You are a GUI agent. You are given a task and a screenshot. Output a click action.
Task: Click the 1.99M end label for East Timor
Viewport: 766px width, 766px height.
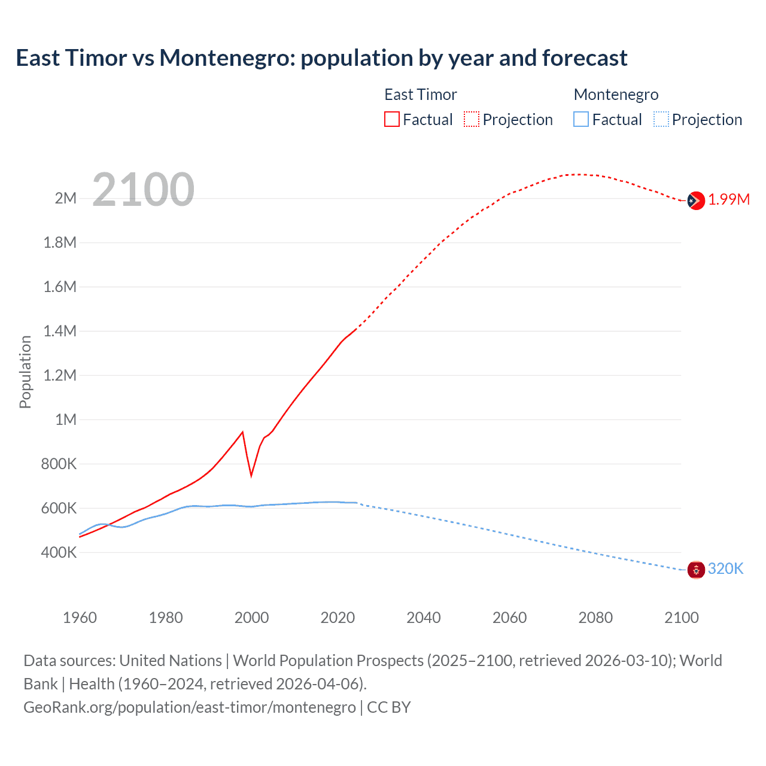click(729, 200)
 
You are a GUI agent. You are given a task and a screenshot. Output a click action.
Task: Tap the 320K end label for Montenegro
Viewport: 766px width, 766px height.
click(725, 569)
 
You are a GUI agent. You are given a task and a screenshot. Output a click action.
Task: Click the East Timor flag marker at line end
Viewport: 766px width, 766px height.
click(696, 200)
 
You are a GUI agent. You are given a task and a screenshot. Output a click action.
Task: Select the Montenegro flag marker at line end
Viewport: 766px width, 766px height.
click(696, 570)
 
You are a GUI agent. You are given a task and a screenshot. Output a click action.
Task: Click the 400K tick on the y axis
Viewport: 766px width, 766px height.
click(59, 552)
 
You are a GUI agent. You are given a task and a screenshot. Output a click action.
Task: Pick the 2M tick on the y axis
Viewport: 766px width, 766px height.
click(65, 198)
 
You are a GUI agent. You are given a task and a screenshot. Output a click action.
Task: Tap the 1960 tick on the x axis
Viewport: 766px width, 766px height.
click(80, 618)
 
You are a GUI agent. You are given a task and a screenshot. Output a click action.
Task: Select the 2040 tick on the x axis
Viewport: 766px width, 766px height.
click(424, 618)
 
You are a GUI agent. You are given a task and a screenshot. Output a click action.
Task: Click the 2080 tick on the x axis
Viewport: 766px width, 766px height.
click(595, 618)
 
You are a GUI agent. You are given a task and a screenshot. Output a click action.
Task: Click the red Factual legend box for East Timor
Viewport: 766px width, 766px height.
click(392, 120)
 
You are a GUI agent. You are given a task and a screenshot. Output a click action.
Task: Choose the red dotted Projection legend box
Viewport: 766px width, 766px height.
click(472, 120)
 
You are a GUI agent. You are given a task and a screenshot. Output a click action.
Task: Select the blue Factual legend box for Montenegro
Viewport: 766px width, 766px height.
click(581, 120)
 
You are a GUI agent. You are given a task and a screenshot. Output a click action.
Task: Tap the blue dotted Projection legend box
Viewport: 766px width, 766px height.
click(661, 120)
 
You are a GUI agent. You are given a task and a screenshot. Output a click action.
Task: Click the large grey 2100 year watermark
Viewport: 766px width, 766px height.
click(143, 190)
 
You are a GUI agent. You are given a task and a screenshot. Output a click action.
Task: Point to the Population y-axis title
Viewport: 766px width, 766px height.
click(25, 372)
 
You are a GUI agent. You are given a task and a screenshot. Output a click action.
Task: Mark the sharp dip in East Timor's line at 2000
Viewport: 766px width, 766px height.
click(251, 475)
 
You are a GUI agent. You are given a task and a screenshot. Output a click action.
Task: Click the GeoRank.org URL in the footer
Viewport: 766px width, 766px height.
click(190, 707)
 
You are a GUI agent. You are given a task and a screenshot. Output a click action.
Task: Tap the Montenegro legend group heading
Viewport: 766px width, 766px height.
click(616, 95)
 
